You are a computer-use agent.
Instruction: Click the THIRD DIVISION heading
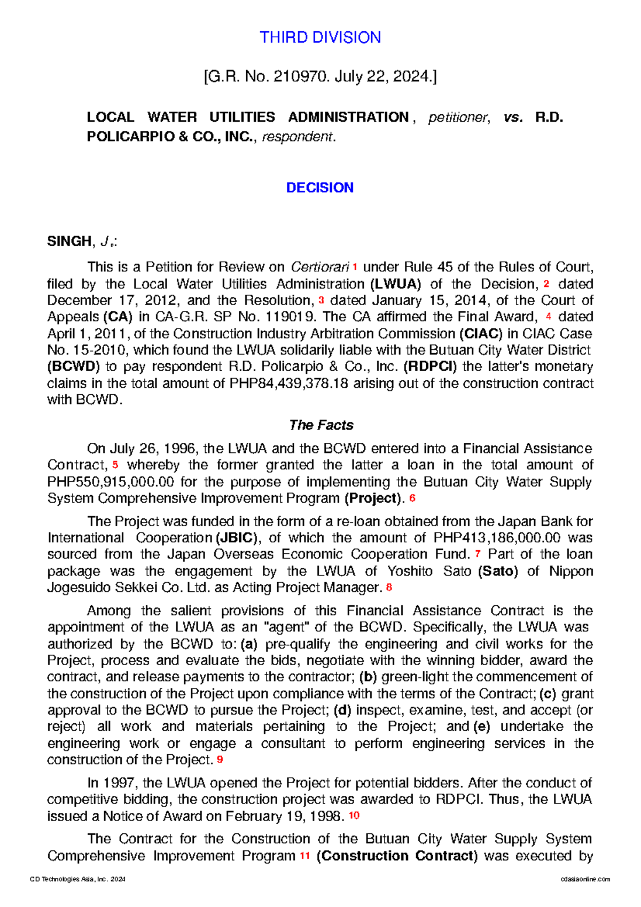coord(320,37)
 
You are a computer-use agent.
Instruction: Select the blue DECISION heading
coord(319,187)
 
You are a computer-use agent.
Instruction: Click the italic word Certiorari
coord(320,267)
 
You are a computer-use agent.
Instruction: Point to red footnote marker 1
coord(355,266)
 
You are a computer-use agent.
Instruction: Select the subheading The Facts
coord(321,425)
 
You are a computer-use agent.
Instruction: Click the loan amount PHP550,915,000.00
coord(111,482)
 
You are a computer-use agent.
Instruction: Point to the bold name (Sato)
coord(498,572)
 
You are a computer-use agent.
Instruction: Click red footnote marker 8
coord(389,587)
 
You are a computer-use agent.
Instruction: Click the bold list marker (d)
coord(342,710)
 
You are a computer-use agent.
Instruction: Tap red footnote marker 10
coord(354,816)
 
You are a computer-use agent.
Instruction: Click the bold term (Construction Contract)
coord(397,856)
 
